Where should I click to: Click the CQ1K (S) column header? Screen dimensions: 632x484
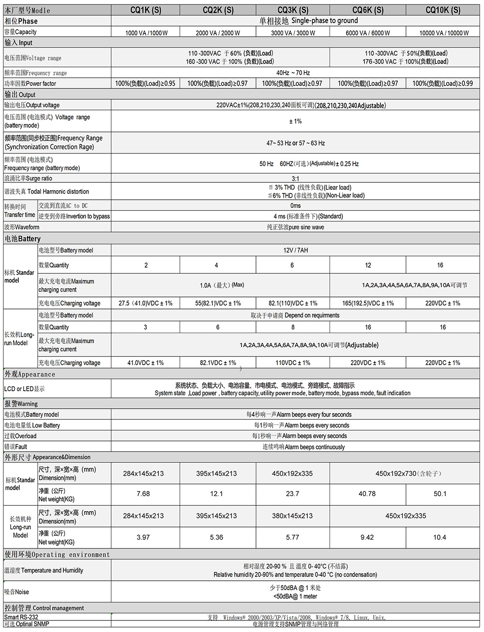click(x=146, y=10)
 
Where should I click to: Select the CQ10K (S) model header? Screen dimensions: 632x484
click(x=442, y=10)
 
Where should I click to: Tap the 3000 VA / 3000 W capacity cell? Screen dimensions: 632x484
click(x=292, y=33)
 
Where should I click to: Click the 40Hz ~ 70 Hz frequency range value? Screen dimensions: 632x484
click(x=293, y=73)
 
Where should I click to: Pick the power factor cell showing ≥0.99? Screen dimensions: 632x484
click(x=442, y=83)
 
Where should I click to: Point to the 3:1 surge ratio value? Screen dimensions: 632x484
click(x=295, y=178)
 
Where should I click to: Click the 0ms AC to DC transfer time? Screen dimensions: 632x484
click(x=295, y=206)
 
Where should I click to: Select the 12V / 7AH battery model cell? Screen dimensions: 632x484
click(x=295, y=250)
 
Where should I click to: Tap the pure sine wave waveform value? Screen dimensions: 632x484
click(x=295, y=227)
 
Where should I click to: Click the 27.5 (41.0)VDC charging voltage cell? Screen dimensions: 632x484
click(x=145, y=303)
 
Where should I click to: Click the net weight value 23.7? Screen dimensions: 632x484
click(x=292, y=494)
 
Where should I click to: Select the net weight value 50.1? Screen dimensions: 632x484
click(x=440, y=494)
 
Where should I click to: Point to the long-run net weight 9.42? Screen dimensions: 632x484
click(x=367, y=537)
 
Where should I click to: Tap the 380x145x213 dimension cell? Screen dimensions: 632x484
click(x=292, y=516)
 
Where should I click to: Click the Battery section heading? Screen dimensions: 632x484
click(x=23, y=238)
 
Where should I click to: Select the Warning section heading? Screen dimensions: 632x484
click(x=21, y=403)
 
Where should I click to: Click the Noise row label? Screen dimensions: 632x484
click(x=17, y=592)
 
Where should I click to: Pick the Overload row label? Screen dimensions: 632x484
click(x=20, y=436)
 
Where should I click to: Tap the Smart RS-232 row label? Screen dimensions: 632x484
click(x=21, y=617)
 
